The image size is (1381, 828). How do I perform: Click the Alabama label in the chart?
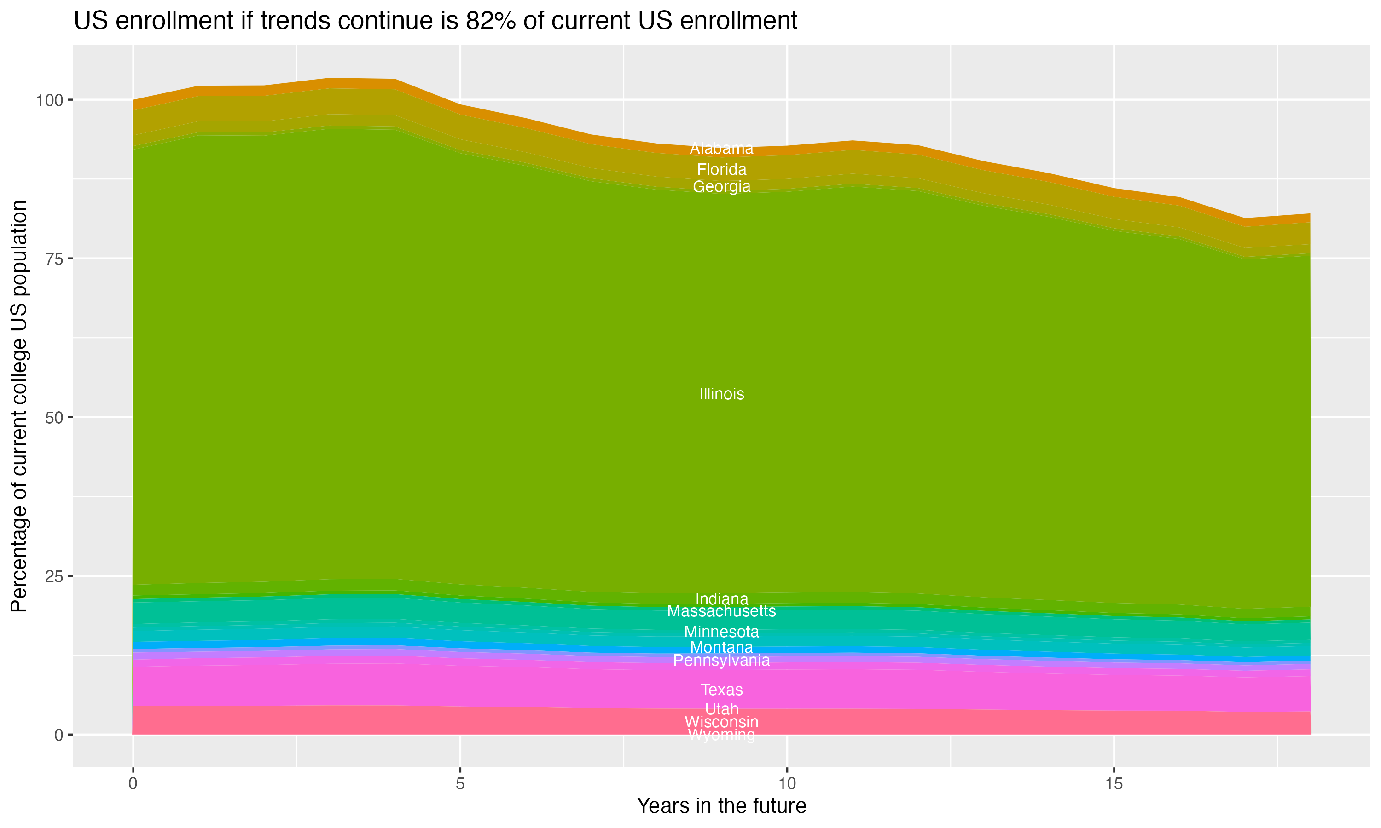tap(721, 149)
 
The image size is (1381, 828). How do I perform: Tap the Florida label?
tap(721, 169)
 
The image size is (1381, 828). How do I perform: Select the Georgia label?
tap(721, 186)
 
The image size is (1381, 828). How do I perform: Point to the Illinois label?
tap(721, 394)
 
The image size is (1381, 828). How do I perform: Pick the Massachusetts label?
tap(721, 611)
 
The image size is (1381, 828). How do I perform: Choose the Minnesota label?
tap(721, 632)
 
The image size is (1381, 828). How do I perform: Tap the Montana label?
tap(721, 647)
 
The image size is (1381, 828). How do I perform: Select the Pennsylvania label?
tap(721, 660)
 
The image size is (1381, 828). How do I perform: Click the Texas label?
tap(721, 690)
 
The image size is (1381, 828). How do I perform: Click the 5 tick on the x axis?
tap(460, 784)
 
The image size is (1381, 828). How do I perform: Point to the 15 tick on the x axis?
tap(1114, 784)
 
